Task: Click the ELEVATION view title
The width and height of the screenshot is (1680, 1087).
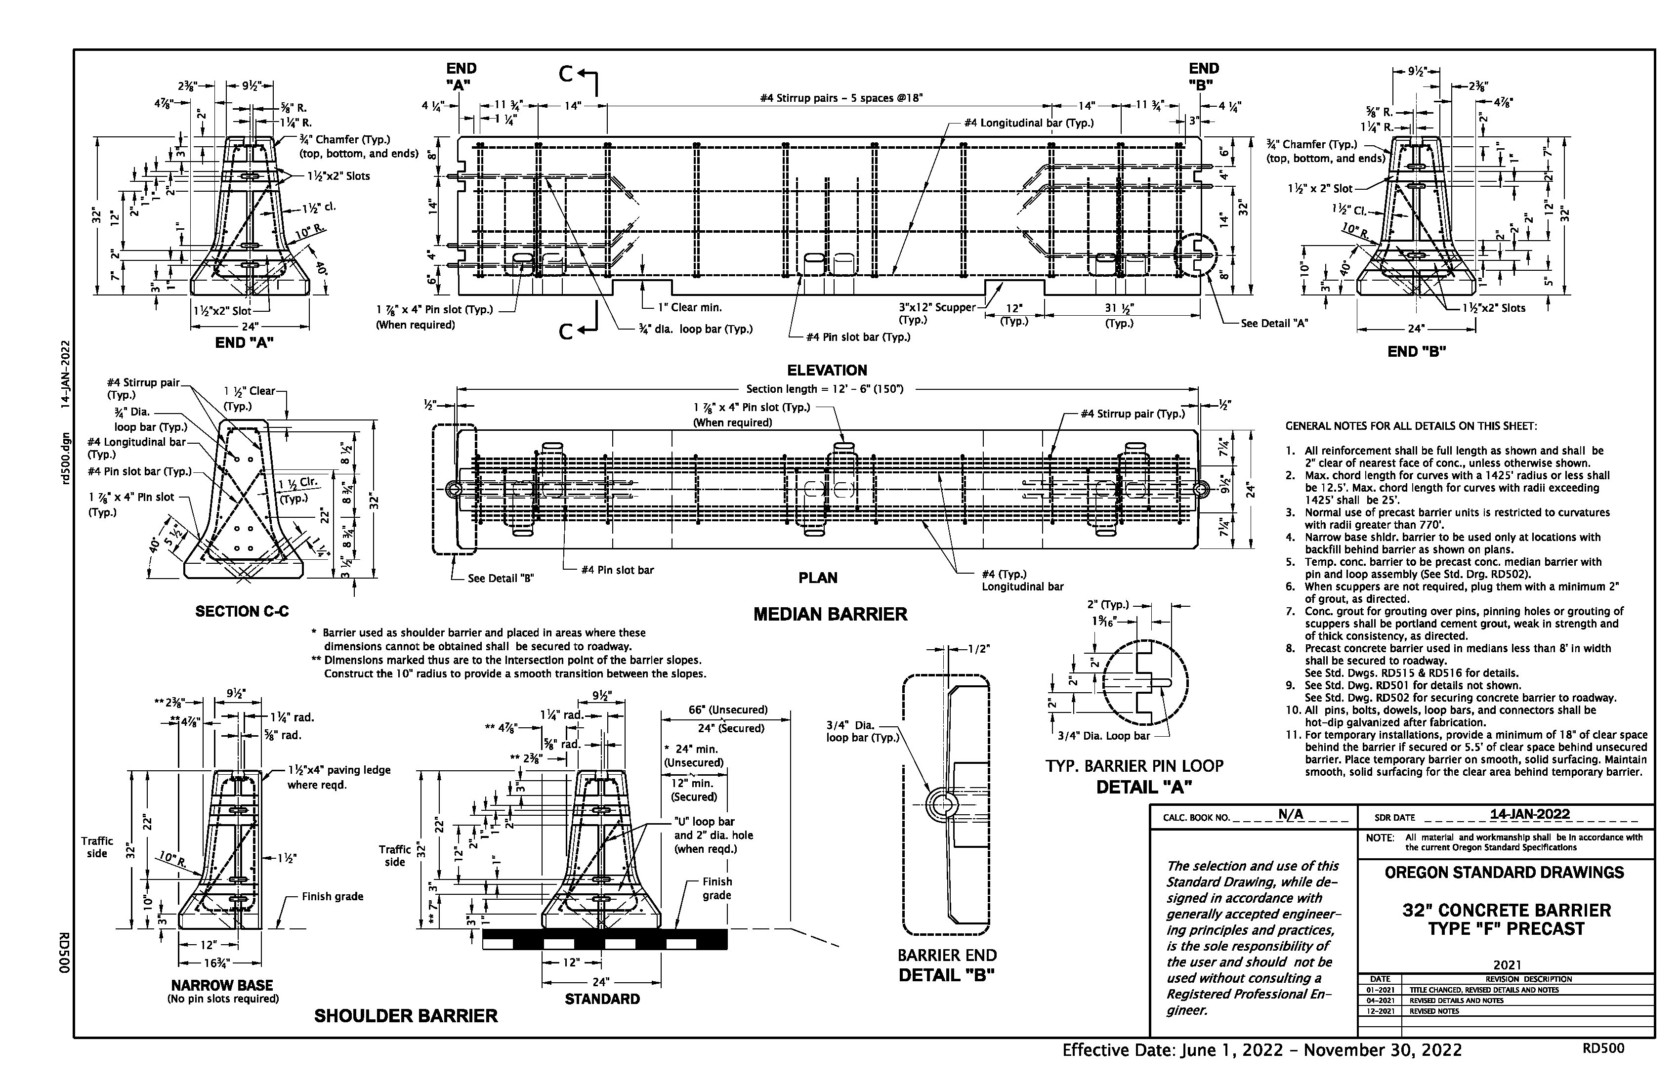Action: coord(827,371)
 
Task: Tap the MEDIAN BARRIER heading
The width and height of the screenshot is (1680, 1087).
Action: coord(830,615)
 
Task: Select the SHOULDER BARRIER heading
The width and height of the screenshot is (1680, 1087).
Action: coord(406,1016)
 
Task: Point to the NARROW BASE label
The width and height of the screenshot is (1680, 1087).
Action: coord(222,985)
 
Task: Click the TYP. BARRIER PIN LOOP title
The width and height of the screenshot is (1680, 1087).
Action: coord(1134,766)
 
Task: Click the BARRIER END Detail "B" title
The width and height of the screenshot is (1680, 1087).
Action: coord(947,965)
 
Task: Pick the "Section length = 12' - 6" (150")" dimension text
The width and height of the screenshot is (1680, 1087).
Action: coord(825,389)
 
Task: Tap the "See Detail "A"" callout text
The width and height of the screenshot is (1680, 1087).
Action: coord(1274,323)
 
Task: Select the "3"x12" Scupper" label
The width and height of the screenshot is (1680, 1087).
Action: coord(936,308)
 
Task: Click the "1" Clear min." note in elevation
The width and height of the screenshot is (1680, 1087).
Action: coord(690,308)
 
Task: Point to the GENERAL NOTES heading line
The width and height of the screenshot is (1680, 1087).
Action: coord(1410,426)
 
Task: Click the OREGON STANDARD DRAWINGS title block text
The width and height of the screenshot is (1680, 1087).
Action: coord(1504,873)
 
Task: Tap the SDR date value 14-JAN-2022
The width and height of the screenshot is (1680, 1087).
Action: coord(1530,815)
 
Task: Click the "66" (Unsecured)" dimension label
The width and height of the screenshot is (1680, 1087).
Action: coord(728,710)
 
